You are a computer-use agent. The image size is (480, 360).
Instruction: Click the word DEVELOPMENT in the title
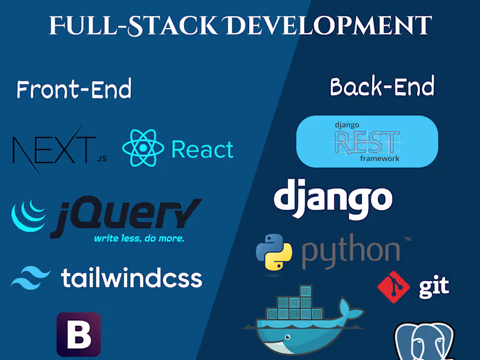(329, 26)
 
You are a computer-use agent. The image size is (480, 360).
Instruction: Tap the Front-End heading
(74, 89)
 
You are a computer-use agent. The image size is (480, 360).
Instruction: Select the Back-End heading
(382, 86)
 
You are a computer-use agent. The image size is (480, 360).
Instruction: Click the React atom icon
(143, 148)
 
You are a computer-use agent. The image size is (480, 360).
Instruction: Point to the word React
(202, 149)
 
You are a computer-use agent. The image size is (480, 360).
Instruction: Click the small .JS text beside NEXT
(101, 158)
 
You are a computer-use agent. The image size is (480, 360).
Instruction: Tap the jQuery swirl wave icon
(28, 215)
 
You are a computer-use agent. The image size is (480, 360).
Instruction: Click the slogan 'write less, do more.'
(139, 238)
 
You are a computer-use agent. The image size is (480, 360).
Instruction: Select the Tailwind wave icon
(31, 278)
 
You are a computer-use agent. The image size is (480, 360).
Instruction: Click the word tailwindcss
(131, 278)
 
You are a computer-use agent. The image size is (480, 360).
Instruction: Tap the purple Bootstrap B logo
(79, 334)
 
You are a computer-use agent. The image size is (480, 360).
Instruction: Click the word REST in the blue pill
(367, 142)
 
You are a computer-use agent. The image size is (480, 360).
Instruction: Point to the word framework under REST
(380, 158)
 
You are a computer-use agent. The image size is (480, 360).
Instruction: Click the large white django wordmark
(333, 199)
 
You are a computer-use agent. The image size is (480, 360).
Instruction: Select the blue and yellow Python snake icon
(274, 252)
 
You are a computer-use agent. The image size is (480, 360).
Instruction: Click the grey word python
(351, 252)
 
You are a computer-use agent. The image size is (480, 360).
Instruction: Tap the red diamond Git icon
(394, 287)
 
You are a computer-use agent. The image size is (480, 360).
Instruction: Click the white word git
(434, 287)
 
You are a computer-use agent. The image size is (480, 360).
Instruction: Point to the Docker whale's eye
(287, 337)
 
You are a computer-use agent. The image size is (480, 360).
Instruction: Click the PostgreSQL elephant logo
(425, 341)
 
